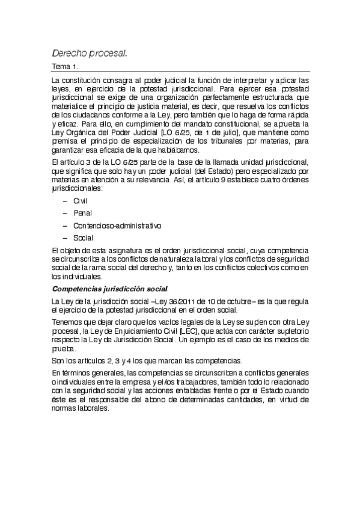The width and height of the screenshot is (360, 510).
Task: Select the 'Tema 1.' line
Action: (x=65, y=67)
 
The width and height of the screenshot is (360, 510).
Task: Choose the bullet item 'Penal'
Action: (x=82, y=212)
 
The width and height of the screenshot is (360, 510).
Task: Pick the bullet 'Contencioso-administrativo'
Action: (x=117, y=226)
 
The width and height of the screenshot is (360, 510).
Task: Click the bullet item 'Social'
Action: (x=83, y=238)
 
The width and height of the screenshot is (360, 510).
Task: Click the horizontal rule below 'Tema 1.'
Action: (x=180, y=72)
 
